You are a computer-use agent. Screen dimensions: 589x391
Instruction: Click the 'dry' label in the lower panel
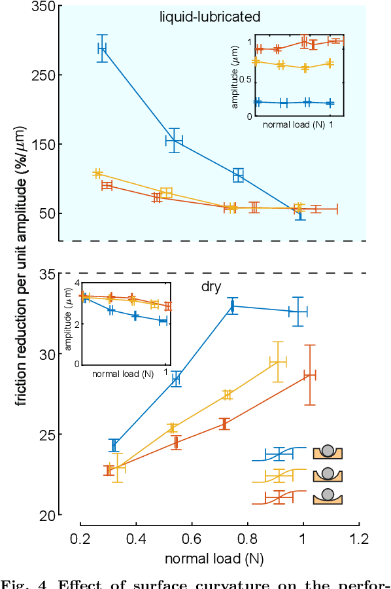click(211, 286)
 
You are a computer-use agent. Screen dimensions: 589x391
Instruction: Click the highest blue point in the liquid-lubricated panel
click(102, 48)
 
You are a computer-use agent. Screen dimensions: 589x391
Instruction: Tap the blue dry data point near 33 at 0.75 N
click(232, 306)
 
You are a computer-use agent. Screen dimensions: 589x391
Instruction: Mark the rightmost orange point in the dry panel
click(310, 374)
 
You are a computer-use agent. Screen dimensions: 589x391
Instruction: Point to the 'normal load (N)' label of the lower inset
click(123, 374)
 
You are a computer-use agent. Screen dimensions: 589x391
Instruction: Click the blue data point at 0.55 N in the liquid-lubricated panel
click(174, 140)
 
